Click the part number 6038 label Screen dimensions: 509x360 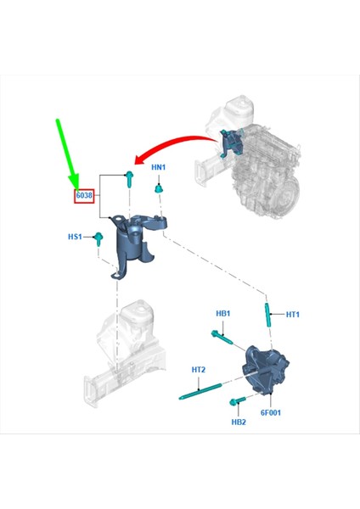point(83,195)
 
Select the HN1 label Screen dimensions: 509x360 point(159,167)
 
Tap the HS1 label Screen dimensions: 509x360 point(76,237)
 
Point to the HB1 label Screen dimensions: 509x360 point(223,314)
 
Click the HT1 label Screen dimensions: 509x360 point(293,315)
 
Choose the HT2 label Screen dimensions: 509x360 point(199,370)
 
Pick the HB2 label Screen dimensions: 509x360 point(239,422)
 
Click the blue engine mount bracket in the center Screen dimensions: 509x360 point(134,242)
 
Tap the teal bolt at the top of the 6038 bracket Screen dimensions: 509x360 point(128,177)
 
